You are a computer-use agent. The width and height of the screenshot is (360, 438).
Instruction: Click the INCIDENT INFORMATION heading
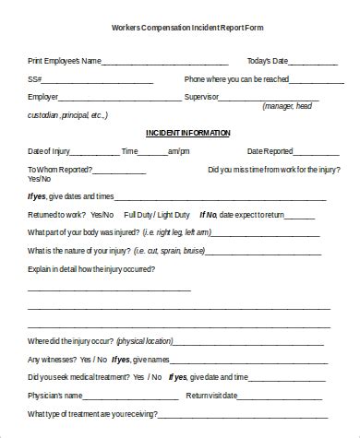(x=187, y=134)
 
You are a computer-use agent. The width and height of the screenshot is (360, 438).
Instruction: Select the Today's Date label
(x=269, y=62)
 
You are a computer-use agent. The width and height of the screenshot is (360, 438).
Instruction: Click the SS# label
(x=34, y=79)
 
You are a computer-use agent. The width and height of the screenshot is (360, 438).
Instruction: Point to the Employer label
(x=43, y=97)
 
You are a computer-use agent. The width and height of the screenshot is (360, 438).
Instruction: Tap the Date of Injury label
(x=51, y=151)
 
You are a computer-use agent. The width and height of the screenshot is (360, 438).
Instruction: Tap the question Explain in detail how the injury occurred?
(x=91, y=269)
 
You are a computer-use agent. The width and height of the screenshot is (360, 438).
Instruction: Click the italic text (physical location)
(x=152, y=342)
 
